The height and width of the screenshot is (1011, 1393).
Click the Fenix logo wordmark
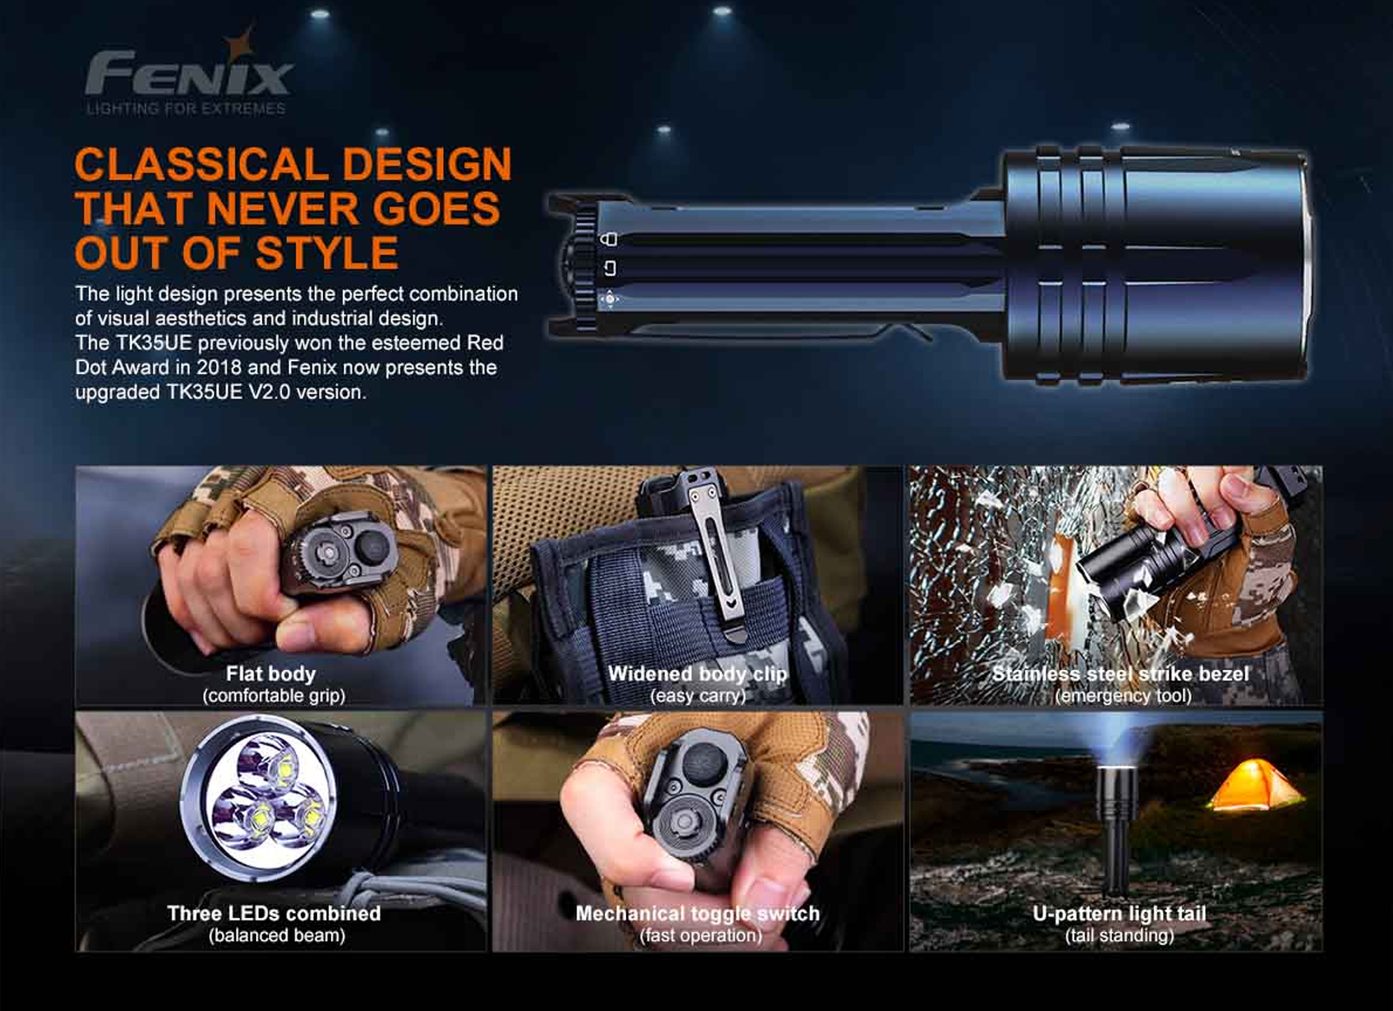(x=188, y=73)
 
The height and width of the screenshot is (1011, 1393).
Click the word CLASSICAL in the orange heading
(x=201, y=164)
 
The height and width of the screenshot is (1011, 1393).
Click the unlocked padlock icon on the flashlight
(x=609, y=268)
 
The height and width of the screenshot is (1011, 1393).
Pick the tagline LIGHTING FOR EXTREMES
(x=186, y=109)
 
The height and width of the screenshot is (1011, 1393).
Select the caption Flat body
(x=271, y=673)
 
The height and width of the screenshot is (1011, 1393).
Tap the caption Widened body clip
(x=697, y=673)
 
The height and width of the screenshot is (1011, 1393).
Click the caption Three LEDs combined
(x=273, y=913)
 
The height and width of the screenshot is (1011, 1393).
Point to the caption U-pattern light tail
(x=1120, y=914)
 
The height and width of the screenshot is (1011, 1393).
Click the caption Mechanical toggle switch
(x=697, y=914)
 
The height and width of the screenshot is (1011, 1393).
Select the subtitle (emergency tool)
(x=1123, y=695)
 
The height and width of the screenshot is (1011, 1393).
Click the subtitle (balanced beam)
(x=277, y=935)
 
